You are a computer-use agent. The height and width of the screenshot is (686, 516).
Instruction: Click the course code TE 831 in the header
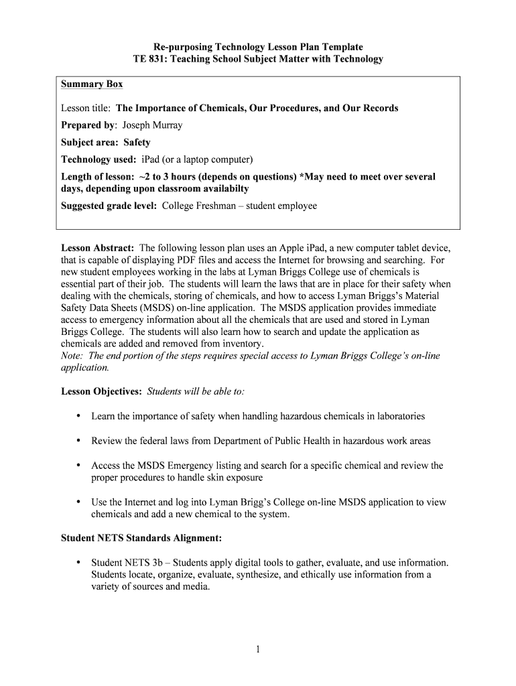coord(151,59)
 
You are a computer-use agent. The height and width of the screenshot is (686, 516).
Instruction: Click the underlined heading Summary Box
coord(92,84)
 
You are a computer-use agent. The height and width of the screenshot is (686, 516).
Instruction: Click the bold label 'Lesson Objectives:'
coord(101,391)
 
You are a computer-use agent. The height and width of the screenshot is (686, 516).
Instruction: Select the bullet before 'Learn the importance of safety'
coord(78,416)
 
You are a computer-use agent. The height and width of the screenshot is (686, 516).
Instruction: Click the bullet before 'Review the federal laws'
coord(78,441)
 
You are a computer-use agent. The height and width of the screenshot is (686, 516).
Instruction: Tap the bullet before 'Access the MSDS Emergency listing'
coord(78,465)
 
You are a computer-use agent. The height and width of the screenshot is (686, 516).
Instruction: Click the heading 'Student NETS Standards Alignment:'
coord(141,537)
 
